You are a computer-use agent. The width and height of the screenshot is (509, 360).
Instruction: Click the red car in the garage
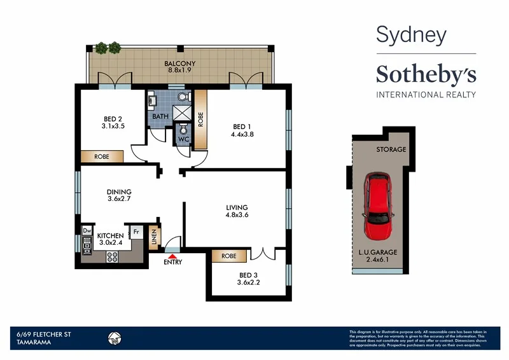(380, 205)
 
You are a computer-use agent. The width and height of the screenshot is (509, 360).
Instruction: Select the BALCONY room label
(179, 64)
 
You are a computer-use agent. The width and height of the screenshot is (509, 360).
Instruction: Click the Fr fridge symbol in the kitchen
(136, 232)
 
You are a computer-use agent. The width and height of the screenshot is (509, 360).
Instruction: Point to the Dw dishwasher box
(87, 231)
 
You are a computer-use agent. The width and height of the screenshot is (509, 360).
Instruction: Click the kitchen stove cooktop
(113, 257)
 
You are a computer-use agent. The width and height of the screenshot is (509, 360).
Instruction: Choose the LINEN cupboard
(153, 239)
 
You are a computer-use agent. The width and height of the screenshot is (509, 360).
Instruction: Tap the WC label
(184, 139)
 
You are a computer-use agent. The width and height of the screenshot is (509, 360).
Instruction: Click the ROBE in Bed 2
(101, 156)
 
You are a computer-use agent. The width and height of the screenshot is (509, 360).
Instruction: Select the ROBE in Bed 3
(229, 256)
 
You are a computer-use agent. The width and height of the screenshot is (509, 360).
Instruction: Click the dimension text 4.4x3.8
(244, 134)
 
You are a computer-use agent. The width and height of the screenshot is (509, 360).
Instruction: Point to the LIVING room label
(237, 207)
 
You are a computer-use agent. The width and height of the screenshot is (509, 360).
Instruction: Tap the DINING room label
(119, 192)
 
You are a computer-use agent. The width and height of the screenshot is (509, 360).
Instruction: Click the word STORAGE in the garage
(391, 150)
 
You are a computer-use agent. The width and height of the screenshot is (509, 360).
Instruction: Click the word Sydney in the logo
(410, 35)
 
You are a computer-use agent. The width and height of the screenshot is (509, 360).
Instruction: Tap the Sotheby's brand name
(426, 74)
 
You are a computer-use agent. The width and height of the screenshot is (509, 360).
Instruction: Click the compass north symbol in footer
(115, 338)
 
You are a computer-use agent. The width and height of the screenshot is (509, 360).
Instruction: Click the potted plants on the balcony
(108, 48)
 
